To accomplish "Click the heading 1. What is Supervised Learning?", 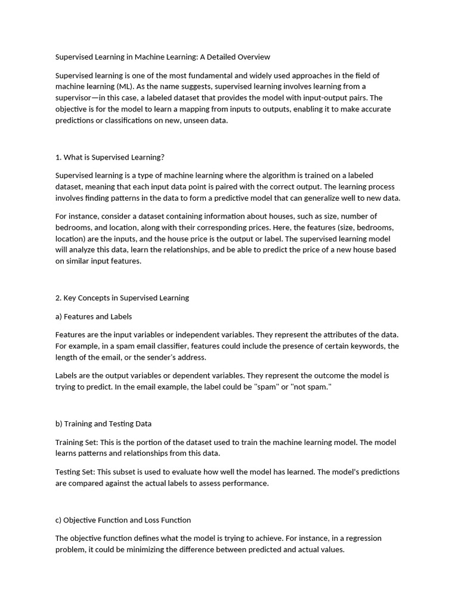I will tap(110, 157).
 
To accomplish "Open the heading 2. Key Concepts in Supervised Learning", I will tap(122, 298).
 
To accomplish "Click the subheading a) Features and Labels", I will tap(94, 316).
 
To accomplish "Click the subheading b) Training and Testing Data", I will tap(103, 424).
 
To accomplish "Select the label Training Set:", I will tap(76, 443).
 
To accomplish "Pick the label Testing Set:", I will tap(75, 472).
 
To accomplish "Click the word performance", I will tap(246, 483).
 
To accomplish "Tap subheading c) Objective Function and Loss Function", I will tap(123, 520).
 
